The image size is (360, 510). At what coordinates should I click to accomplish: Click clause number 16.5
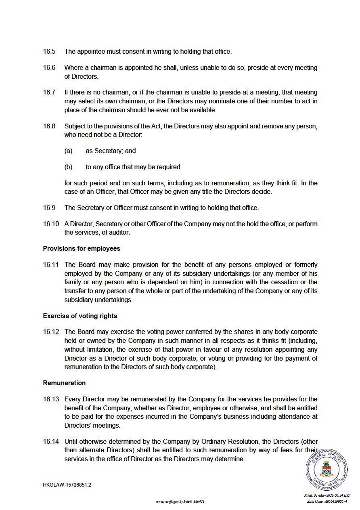49,52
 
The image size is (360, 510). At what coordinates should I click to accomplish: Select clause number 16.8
49,126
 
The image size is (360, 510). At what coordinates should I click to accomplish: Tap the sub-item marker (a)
68,151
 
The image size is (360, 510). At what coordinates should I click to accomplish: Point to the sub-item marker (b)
68,167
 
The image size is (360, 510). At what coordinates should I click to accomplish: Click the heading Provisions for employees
82,248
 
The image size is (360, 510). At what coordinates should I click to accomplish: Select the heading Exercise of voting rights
80,315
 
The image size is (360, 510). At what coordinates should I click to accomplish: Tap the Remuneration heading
64,383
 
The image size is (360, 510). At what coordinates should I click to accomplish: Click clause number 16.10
51,224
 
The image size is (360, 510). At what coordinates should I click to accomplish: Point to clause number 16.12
51,332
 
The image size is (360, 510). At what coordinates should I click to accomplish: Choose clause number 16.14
51,441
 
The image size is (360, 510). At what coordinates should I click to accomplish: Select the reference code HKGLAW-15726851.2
67,485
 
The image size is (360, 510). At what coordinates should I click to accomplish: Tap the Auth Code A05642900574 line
327,502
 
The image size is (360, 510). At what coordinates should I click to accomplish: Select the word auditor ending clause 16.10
119,232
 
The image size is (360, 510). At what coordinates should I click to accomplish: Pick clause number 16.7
49,92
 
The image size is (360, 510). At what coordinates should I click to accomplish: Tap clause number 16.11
51,265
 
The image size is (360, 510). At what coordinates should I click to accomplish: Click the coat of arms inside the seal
326,470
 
